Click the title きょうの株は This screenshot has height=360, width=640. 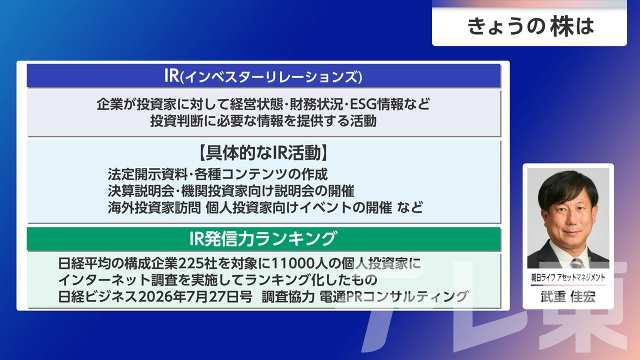click(530, 27)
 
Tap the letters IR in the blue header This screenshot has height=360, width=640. click(171, 75)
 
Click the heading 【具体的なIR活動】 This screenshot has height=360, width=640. click(263, 153)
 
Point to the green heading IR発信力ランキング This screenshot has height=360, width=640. click(262, 239)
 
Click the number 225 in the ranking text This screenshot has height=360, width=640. click(191, 263)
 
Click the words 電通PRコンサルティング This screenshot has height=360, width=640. click(394, 297)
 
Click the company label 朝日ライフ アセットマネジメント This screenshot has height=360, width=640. click(568, 277)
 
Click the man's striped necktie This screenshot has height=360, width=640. click(577, 263)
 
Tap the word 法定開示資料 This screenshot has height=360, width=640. click(147, 174)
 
